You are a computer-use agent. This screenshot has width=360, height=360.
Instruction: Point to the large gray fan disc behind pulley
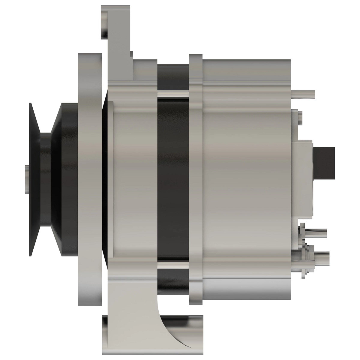coord(89,180)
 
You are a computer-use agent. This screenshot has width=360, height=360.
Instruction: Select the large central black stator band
coord(173,180)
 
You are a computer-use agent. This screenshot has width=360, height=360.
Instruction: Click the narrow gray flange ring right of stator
coord(196,180)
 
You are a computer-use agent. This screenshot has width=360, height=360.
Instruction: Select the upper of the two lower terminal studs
coord(315,233)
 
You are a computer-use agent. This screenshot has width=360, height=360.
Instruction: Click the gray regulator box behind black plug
coord(303,180)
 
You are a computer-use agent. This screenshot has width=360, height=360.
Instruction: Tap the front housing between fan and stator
coord(135,180)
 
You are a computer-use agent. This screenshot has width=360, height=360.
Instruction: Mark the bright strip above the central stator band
coord(173,94)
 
